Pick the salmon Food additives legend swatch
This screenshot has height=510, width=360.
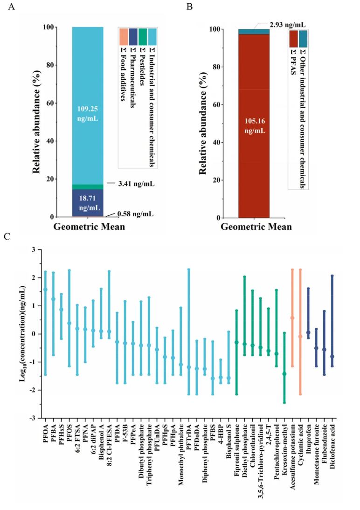123,36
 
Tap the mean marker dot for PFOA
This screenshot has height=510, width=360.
45,289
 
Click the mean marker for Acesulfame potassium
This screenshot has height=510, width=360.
292,318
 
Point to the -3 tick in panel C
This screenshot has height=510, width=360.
33,418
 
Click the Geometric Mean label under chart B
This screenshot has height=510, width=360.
256,227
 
